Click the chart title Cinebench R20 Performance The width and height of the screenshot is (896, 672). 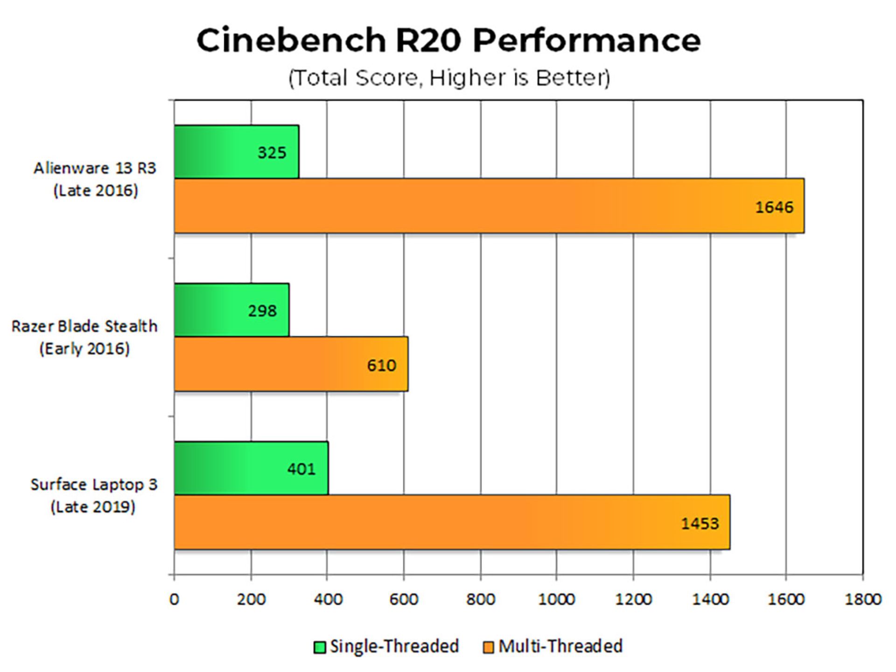pyautogui.click(x=448, y=40)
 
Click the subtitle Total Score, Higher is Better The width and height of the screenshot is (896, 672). pyautogui.click(x=449, y=78)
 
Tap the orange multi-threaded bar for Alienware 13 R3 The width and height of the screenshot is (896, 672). pyautogui.click(x=467, y=205)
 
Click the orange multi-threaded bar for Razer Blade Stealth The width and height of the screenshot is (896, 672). pyautogui.click(x=280, y=364)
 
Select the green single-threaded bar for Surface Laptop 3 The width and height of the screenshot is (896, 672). pyautogui.click(x=233, y=468)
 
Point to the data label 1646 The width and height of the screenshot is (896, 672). pyautogui.click(x=774, y=207)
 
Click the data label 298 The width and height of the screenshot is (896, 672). pyautogui.click(x=262, y=311)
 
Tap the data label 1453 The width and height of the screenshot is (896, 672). pyautogui.click(x=700, y=524)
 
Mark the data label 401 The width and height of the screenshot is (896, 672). pyautogui.click(x=301, y=469)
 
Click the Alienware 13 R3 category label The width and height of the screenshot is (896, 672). pyautogui.click(x=95, y=179)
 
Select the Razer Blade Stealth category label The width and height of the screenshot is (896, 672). pyautogui.click(x=84, y=337)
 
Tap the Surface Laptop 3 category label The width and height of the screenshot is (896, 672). pyautogui.click(x=94, y=495)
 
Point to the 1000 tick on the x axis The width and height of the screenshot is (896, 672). pyautogui.click(x=556, y=599)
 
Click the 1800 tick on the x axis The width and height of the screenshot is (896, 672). pyautogui.click(x=862, y=599)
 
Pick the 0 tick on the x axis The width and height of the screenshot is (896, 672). pyautogui.click(x=174, y=599)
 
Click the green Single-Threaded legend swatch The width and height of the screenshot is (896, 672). pyautogui.click(x=320, y=647)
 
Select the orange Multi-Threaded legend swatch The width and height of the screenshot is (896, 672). pyautogui.click(x=488, y=647)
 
